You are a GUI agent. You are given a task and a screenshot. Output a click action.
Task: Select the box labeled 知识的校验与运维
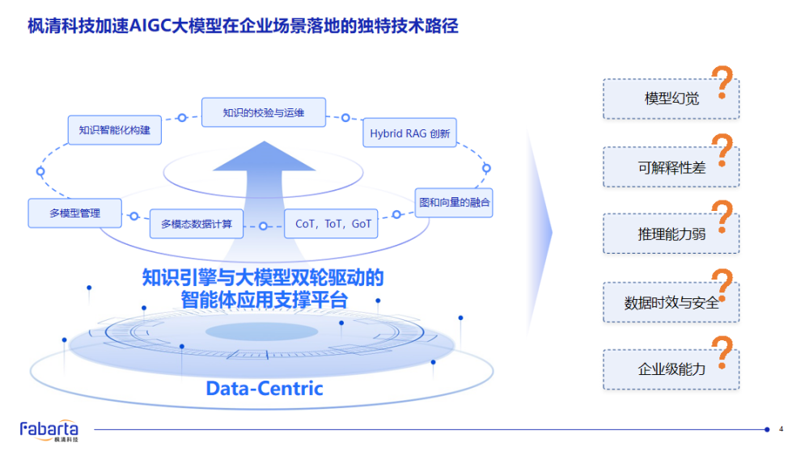(264, 112)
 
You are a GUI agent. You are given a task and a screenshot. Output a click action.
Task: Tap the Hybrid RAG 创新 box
(409, 133)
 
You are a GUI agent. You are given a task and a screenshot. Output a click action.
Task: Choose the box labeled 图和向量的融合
(453, 202)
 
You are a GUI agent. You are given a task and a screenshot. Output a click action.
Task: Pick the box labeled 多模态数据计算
(197, 224)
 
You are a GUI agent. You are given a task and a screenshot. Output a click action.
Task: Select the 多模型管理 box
(75, 213)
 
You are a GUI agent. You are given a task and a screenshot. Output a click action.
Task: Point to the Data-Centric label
(265, 389)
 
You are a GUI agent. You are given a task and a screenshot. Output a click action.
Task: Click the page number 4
(781, 429)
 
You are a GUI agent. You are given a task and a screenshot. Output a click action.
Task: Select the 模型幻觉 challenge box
(671, 99)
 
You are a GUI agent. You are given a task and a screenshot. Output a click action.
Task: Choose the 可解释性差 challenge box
(671, 167)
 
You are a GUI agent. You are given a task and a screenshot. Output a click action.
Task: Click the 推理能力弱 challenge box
(671, 234)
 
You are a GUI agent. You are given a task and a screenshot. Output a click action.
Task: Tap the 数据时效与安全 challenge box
(671, 302)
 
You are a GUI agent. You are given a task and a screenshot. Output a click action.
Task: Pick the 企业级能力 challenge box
(671, 369)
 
